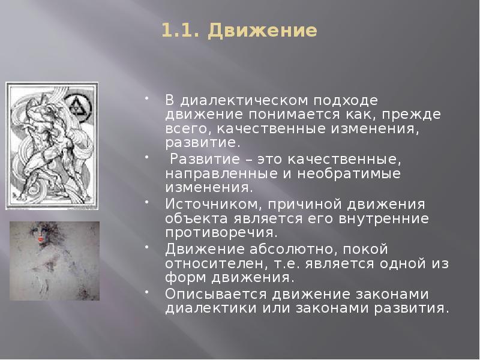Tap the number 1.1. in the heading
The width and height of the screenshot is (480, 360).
pos(182,31)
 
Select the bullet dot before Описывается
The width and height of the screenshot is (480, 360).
pos(148,290)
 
